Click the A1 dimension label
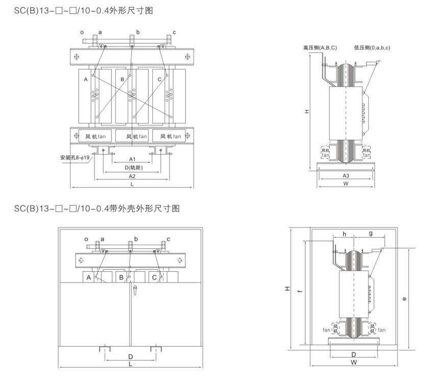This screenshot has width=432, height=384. click(132, 159)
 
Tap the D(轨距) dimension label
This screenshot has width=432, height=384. click(133, 167)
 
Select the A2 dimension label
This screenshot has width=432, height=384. click(132, 176)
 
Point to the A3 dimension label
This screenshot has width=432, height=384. click(346, 175)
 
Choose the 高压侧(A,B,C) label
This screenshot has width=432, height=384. click(320, 47)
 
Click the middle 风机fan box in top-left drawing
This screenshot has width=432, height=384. click(133, 136)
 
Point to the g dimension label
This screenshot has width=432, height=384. click(370, 234)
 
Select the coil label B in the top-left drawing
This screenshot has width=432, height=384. click(123, 80)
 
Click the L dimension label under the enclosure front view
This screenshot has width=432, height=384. click(131, 364)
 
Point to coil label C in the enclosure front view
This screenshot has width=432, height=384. click(154, 277)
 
